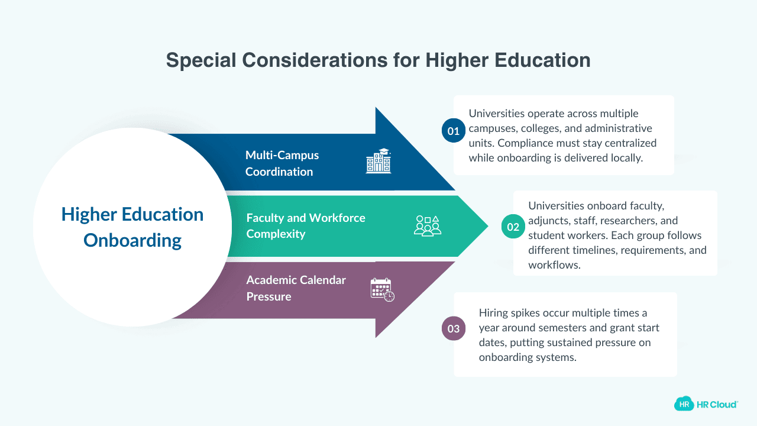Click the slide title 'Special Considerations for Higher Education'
(x=378, y=60)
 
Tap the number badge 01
(x=454, y=131)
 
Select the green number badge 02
(x=513, y=227)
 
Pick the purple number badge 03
(x=454, y=329)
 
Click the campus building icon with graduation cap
(x=378, y=160)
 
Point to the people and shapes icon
(x=427, y=226)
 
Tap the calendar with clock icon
(x=382, y=289)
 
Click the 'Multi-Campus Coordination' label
(x=282, y=163)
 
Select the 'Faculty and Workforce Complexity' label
(x=306, y=225)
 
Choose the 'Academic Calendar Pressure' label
(x=296, y=288)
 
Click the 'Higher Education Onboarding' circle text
(x=132, y=227)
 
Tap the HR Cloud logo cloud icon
(x=684, y=404)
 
